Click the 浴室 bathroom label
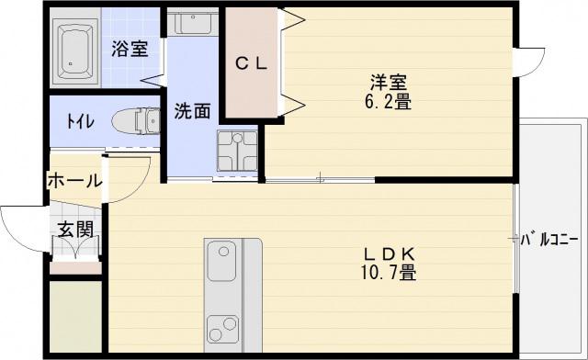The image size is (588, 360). [130, 49]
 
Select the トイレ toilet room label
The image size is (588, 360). [80, 121]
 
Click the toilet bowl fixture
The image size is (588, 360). [136, 121]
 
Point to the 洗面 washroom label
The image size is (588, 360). [192, 111]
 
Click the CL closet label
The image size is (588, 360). [251, 63]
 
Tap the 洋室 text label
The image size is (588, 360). [389, 83]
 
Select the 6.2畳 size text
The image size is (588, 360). [388, 101]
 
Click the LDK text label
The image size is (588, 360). [390, 254]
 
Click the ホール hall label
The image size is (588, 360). [74, 181]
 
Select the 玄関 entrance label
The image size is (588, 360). [75, 229]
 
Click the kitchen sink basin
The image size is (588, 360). [221, 261]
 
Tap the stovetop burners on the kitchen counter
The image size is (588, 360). [223, 329]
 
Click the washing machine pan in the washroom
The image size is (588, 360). [238, 152]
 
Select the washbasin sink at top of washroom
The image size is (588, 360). [192, 22]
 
